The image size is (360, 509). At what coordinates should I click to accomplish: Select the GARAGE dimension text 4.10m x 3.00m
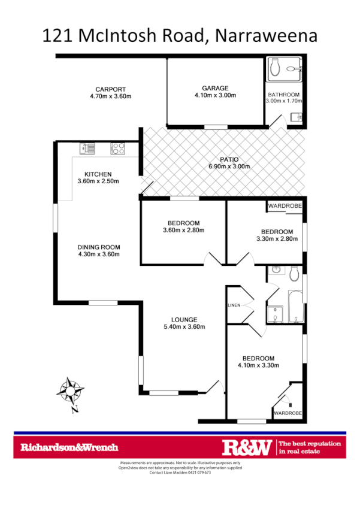click(x=215, y=96)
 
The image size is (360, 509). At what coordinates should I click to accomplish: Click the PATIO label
click(x=228, y=159)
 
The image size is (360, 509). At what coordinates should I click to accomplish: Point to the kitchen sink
click(x=87, y=147)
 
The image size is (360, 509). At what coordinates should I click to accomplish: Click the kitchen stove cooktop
click(x=117, y=147)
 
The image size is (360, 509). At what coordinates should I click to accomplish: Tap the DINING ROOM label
click(x=99, y=247)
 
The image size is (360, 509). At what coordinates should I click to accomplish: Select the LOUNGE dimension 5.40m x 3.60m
click(x=184, y=327)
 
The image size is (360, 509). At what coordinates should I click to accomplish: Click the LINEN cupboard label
click(x=234, y=305)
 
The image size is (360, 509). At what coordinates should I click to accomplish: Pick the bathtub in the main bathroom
click(x=295, y=307)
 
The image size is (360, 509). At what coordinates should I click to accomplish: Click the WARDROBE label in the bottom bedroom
click(x=288, y=414)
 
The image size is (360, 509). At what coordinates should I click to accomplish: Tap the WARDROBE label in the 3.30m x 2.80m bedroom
click(x=285, y=206)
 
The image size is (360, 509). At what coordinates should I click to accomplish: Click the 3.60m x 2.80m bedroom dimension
click(x=184, y=231)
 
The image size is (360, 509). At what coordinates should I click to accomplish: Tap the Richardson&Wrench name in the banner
click(x=69, y=447)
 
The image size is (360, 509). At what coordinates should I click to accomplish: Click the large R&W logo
click(x=247, y=447)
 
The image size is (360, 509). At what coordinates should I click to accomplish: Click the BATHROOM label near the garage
click(x=284, y=95)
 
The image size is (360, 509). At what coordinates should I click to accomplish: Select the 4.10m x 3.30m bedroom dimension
click(x=259, y=365)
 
